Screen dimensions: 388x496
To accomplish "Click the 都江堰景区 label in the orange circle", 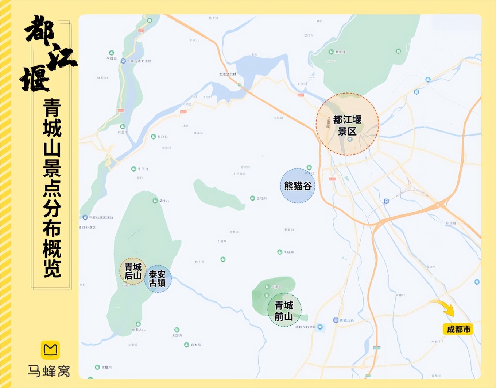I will point(347,125).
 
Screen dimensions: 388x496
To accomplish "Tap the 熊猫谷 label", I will point(298,186).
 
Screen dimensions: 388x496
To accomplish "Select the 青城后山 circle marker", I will point(133,271).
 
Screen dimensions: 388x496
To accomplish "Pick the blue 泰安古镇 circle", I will point(158,279).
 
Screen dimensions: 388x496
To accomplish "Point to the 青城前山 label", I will point(284,311).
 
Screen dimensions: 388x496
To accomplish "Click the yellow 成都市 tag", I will point(458,329).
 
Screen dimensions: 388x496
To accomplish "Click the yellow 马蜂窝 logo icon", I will point(50,350).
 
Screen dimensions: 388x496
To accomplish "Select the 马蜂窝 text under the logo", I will point(49,371).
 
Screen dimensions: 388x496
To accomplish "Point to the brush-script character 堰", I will point(35,79).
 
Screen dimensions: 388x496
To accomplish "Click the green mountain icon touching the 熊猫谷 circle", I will point(309,167).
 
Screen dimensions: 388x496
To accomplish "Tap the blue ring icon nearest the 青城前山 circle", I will point(320,327).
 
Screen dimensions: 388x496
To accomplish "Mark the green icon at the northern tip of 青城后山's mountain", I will point(155,201).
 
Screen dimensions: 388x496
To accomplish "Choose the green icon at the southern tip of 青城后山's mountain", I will point(138,324).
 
